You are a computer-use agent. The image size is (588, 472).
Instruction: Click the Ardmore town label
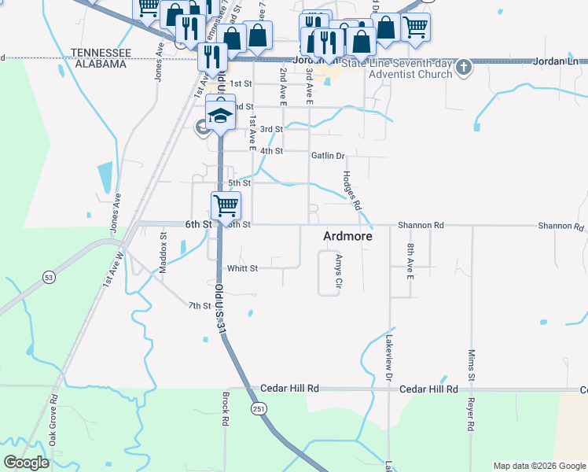(x=347, y=236)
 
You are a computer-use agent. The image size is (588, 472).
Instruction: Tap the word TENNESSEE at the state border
(x=99, y=52)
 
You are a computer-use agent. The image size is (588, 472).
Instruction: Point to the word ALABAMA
(x=99, y=64)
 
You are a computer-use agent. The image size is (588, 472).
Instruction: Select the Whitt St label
(x=243, y=268)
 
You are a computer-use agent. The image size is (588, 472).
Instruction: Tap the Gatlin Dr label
(x=328, y=156)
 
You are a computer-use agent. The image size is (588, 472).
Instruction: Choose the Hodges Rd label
(x=351, y=190)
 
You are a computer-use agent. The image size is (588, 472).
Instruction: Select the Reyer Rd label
(x=472, y=416)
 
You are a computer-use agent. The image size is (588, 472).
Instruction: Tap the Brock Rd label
(x=225, y=409)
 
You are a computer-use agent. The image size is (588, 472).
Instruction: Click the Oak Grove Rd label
(x=54, y=422)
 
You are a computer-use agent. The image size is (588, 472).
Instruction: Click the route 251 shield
(x=258, y=410)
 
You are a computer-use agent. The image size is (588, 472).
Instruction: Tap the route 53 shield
(x=50, y=277)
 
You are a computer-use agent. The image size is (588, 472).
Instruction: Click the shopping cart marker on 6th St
(x=226, y=205)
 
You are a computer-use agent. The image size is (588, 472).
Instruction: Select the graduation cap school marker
(x=220, y=114)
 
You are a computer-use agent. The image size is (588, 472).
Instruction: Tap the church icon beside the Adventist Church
(x=464, y=68)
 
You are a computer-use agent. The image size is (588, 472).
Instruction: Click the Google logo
(x=26, y=463)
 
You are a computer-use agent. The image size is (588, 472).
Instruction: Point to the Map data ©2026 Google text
(x=538, y=466)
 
